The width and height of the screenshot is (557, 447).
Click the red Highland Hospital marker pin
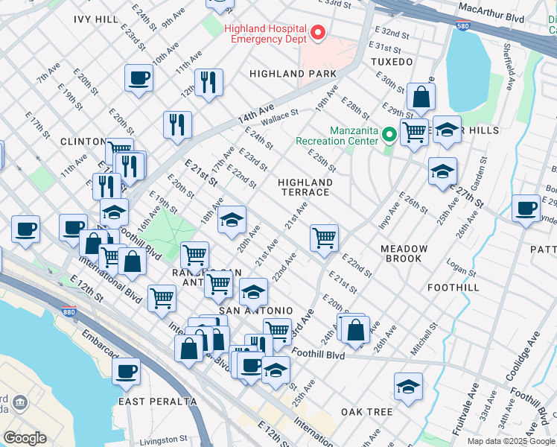[x=318, y=33]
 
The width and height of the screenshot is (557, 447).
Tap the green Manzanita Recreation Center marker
[x=389, y=135]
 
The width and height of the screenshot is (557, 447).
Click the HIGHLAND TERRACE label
[x=304, y=187]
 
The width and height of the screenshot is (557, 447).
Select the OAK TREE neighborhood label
[x=366, y=412]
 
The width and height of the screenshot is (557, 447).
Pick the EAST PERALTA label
[x=157, y=402]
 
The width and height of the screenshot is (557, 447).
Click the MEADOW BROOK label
[x=404, y=253]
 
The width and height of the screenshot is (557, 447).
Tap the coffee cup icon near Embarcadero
[x=127, y=370]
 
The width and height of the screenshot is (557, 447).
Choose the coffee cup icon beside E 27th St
[x=526, y=208]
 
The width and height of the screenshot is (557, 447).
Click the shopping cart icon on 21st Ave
[x=324, y=238]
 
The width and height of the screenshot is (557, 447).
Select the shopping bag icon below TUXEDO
[x=421, y=97]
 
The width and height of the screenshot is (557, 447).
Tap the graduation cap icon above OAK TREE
[x=408, y=387]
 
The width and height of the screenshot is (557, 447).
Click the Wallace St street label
[x=279, y=115]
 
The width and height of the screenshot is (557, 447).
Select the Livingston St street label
[x=165, y=440]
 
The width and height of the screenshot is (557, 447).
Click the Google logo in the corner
[x=25, y=438]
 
